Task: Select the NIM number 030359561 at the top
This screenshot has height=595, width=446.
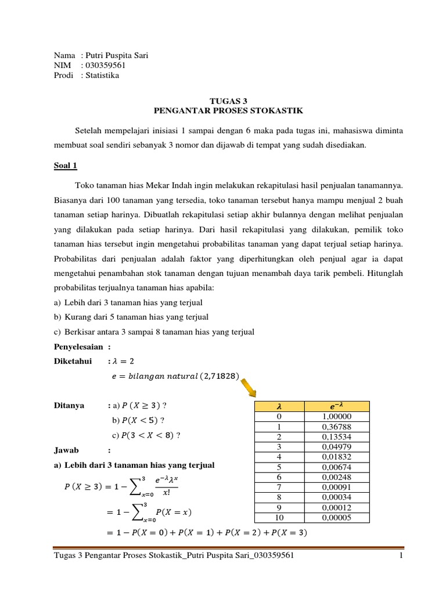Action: [x=105, y=65]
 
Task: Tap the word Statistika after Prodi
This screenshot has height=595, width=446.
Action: [x=102, y=75]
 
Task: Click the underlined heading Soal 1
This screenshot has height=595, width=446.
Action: [x=65, y=166]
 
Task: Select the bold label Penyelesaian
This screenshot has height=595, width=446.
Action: [x=78, y=347]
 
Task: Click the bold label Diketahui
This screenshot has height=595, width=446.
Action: [x=73, y=361]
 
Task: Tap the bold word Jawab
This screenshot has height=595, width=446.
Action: [x=66, y=450]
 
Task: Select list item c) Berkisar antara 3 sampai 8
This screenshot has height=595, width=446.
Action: [x=154, y=332]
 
